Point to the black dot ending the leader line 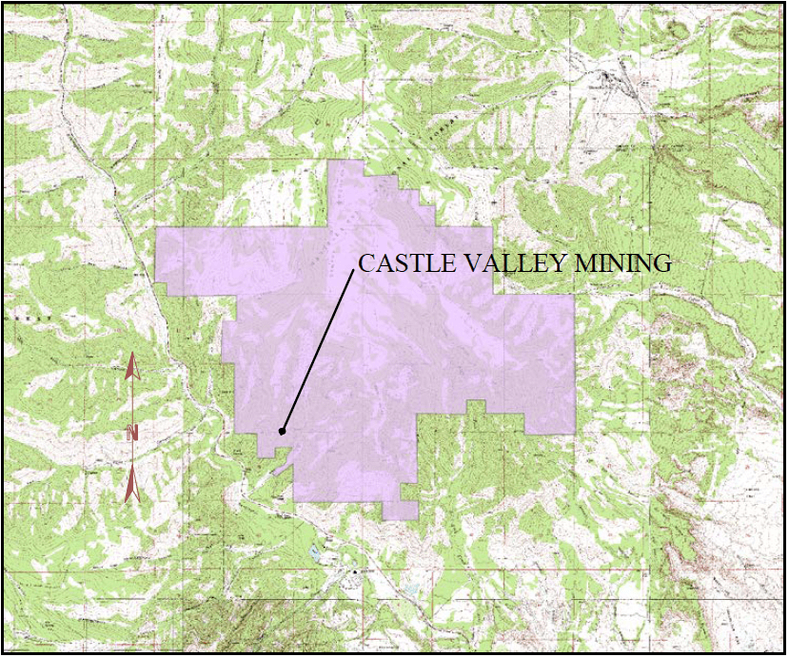point(282,432)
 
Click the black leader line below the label point(318,351)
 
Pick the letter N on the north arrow point(132,433)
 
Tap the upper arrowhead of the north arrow point(132,367)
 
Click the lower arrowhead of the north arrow point(132,487)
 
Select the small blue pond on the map point(315,551)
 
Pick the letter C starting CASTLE point(365,263)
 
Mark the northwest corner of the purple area point(158,229)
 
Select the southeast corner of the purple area point(574,433)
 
